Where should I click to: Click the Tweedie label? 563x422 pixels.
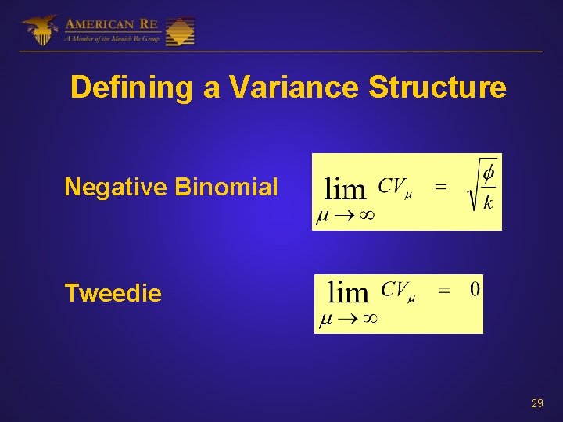(113, 293)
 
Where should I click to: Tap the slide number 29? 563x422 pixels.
(537, 403)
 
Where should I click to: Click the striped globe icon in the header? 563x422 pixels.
(180, 31)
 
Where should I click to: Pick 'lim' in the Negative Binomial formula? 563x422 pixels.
(344, 189)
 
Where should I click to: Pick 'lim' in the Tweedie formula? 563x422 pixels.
(348, 292)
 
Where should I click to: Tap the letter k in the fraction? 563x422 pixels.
(488, 203)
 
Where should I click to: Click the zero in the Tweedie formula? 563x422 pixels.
(475, 290)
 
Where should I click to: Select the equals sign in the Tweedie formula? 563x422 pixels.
(443, 290)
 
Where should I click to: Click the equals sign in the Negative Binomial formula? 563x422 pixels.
(441, 187)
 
